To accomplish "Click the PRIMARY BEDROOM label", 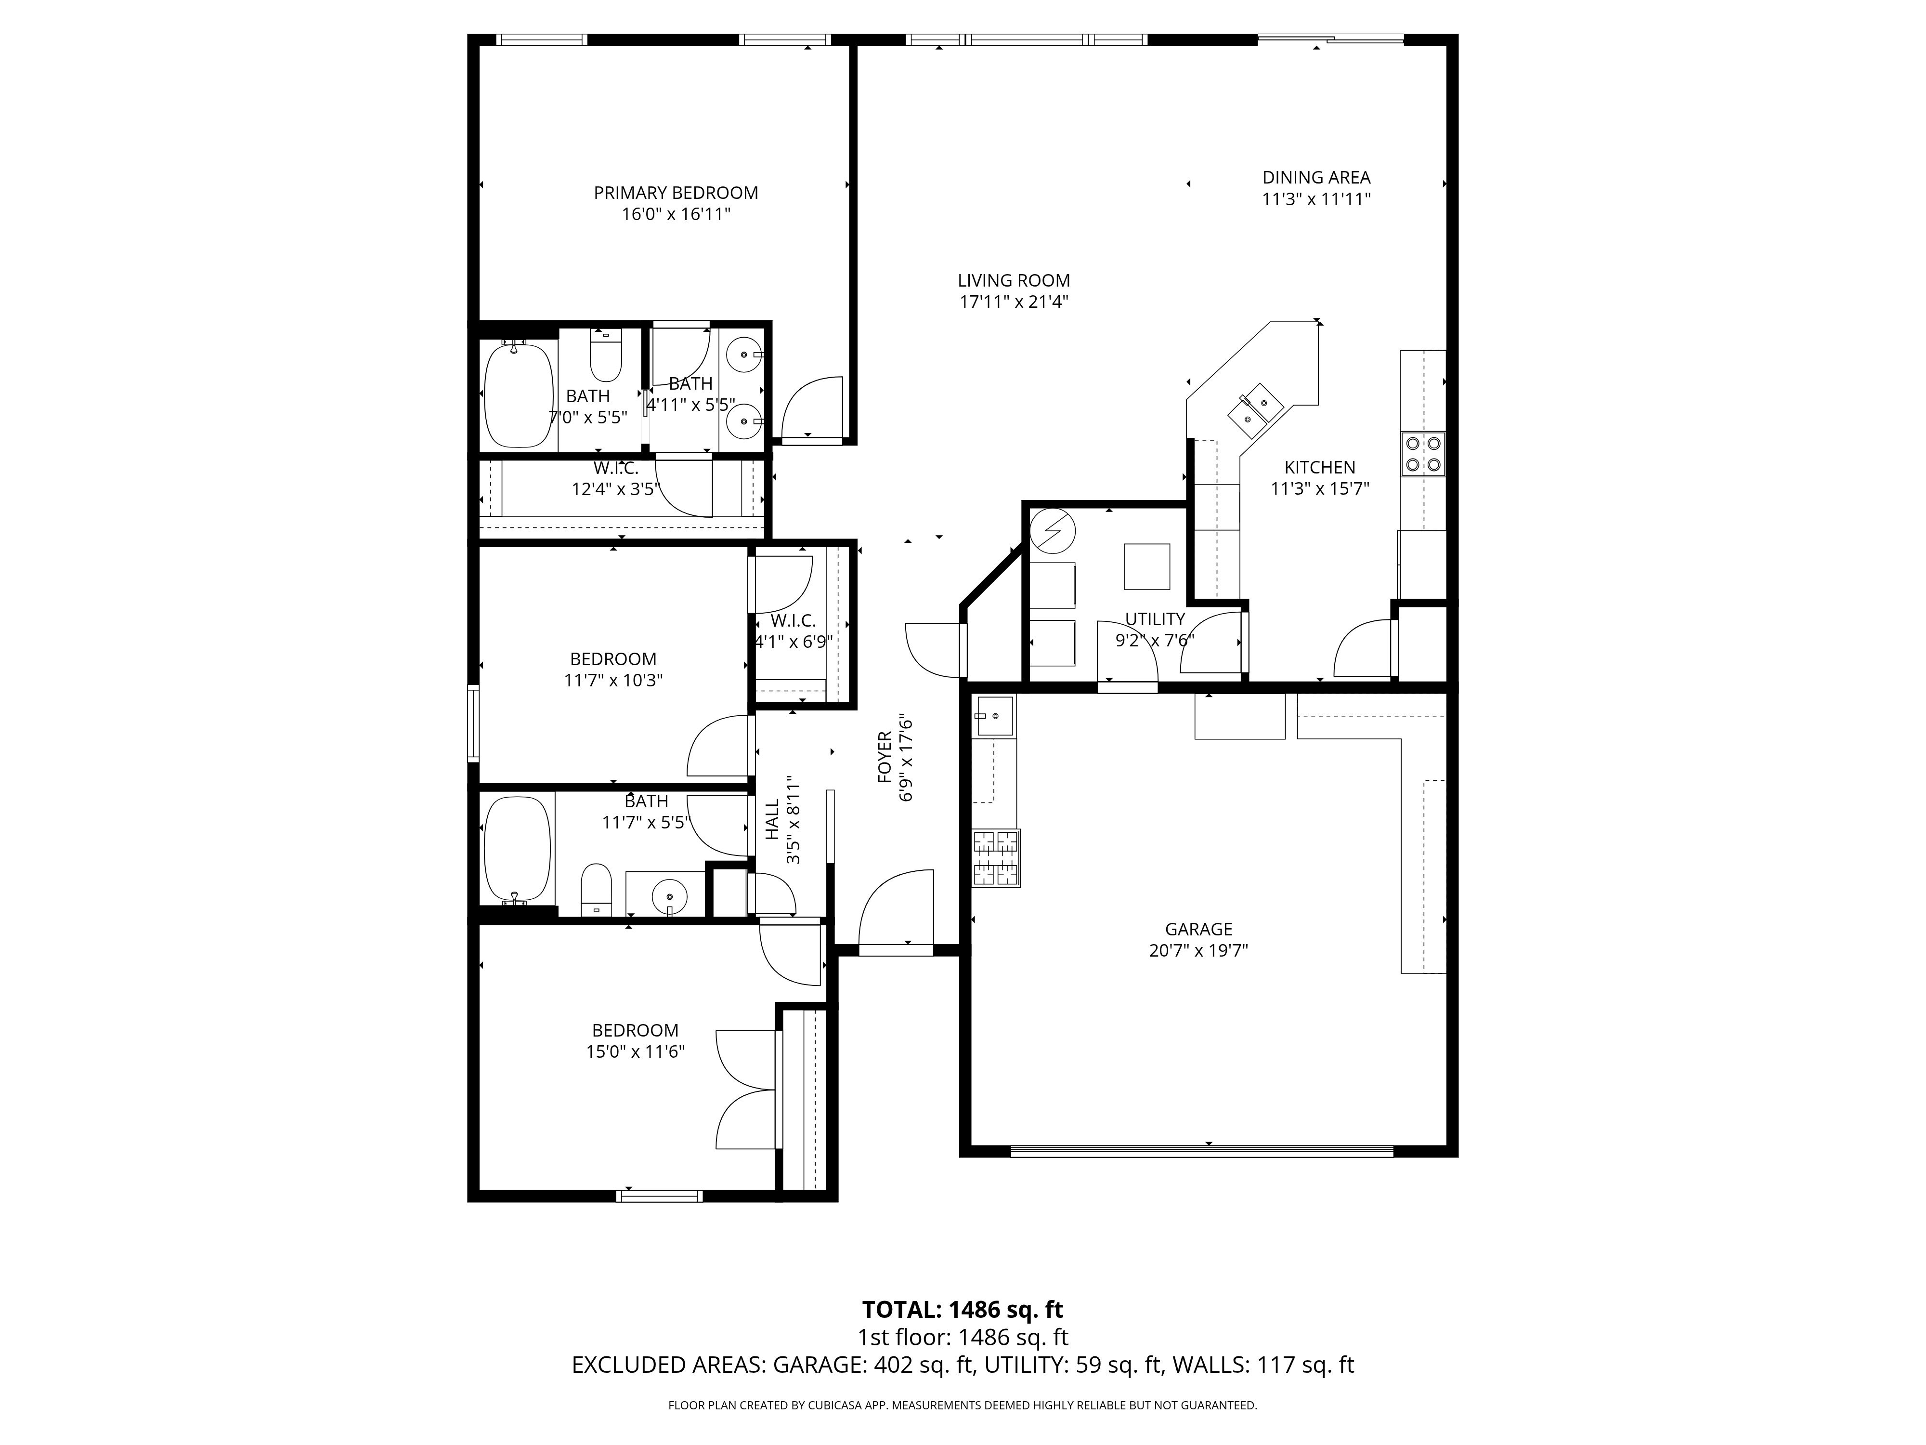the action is click(676, 193).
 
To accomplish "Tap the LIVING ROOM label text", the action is click(1014, 280).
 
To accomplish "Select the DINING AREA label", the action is click(1316, 178).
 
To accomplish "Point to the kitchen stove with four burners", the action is click(1423, 454).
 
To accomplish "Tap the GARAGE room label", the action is click(1199, 929).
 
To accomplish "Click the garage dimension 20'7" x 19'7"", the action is click(1199, 950).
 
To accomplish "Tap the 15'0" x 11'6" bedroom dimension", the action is click(636, 1051).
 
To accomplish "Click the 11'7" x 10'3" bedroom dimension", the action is click(614, 680).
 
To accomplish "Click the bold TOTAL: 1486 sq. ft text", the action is click(963, 1334).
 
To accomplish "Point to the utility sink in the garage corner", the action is click(994, 716).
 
